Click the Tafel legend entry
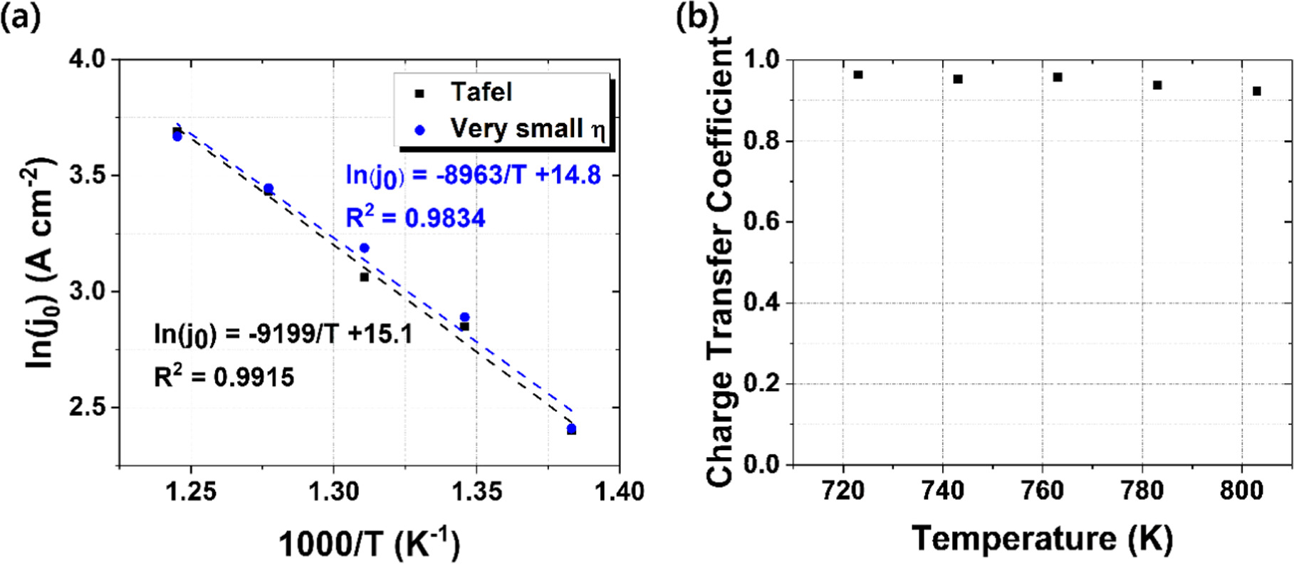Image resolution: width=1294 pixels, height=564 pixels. tap(480, 93)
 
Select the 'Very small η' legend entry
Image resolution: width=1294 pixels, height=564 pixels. tap(527, 129)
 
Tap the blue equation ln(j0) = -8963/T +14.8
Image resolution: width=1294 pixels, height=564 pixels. tap(473, 175)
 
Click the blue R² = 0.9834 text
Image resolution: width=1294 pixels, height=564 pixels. tap(415, 218)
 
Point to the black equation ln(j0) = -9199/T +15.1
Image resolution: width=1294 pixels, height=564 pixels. tap(283, 334)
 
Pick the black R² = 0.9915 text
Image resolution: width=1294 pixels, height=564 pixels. tap(224, 377)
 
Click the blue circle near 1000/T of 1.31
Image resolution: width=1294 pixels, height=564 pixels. tap(364, 248)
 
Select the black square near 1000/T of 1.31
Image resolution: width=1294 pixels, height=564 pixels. tap(364, 277)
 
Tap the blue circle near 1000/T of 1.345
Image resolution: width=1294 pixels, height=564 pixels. tap(464, 317)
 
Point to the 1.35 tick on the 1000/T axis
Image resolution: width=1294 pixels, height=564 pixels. tap(476, 491)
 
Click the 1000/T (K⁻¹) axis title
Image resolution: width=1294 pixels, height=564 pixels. tap(369, 545)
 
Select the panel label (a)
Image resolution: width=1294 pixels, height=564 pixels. tap(19, 16)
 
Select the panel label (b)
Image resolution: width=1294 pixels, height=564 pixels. tap(696, 16)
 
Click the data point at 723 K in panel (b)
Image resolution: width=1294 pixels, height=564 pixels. tap(858, 75)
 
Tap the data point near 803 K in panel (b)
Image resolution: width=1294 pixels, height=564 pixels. tap(1257, 91)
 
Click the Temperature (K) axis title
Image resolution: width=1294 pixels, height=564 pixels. tap(1042, 538)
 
